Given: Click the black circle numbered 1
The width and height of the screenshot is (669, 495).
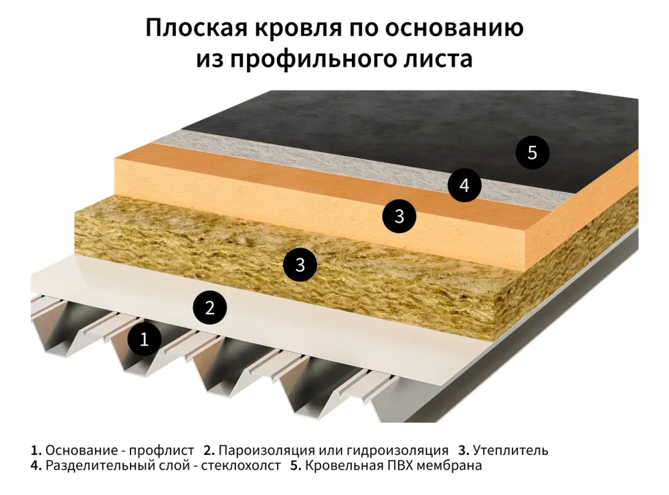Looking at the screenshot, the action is (x=144, y=340).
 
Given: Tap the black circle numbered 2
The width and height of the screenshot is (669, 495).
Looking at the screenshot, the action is (x=210, y=308).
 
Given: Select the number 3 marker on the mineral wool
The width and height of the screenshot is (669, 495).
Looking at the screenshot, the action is (x=300, y=265).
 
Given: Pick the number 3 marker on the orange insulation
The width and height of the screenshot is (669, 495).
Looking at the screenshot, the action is (x=399, y=217).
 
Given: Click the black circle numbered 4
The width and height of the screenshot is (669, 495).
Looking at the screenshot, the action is (x=464, y=185).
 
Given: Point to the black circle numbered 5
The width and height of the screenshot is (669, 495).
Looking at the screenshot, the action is (x=532, y=153).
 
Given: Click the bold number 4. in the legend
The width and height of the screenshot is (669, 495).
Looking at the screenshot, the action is (x=36, y=466).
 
